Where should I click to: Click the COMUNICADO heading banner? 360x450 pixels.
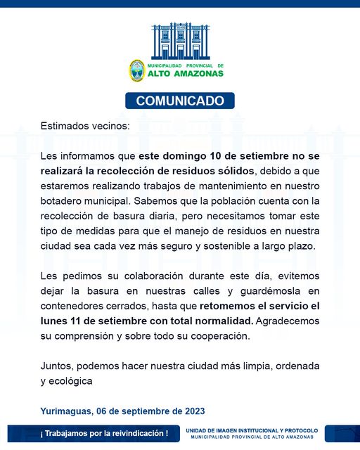(180, 101)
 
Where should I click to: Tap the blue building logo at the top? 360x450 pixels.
(180, 41)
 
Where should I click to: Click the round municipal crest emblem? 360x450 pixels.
(136, 70)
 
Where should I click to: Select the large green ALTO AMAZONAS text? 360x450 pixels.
(185, 73)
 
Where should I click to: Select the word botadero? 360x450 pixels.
(64, 201)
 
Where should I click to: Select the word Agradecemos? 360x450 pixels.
(288, 321)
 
